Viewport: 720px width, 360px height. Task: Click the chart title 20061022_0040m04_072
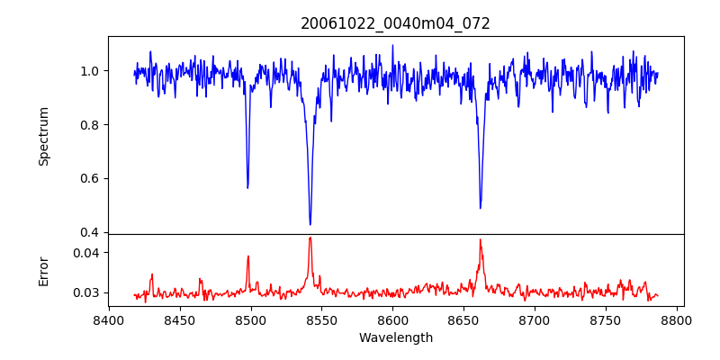[x=395, y=23]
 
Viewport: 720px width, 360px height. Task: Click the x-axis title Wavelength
[x=395, y=337]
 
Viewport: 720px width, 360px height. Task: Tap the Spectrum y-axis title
[x=44, y=136]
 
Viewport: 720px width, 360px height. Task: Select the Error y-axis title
[x=44, y=270]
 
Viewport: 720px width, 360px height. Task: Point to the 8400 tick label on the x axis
[x=109, y=319]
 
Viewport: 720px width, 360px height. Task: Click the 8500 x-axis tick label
[x=251, y=319]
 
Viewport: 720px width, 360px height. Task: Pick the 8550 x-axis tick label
[x=322, y=319]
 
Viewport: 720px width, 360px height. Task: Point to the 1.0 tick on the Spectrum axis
[x=91, y=71]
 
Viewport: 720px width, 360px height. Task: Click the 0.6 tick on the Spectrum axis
[x=91, y=178]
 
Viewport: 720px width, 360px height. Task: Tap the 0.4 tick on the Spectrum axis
[x=91, y=232]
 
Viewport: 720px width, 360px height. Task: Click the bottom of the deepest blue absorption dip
[x=310, y=224]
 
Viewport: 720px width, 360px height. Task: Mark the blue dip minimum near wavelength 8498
[x=247, y=187]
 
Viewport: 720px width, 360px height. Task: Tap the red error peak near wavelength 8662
[x=481, y=239]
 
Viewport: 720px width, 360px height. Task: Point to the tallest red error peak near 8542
[x=310, y=238]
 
